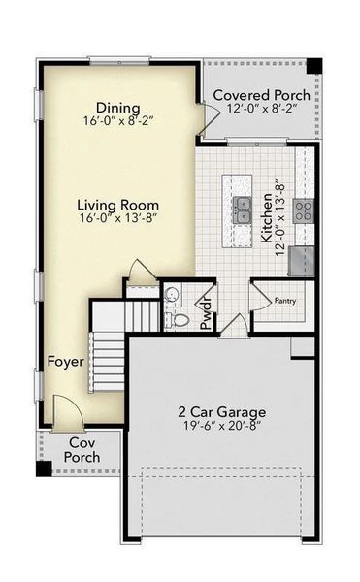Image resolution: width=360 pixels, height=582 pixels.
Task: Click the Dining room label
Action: click(117, 108)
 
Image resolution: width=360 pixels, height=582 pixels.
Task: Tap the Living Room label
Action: click(119, 205)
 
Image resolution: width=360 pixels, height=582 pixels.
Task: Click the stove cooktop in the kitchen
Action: click(304, 209)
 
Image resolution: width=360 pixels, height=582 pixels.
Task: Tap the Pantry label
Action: click(283, 301)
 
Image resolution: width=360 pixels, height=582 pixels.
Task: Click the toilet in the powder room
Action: click(180, 319)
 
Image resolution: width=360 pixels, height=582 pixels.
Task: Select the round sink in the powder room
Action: click(173, 295)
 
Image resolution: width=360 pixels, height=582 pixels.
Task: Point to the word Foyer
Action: click(66, 362)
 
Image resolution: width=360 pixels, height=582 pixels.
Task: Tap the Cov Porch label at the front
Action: click(82, 450)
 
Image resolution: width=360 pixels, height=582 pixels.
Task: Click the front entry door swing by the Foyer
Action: click(66, 412)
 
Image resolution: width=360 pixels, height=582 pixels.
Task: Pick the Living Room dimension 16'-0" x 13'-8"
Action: click(119, 220)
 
